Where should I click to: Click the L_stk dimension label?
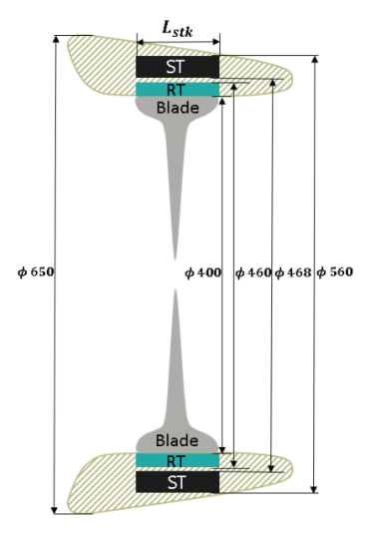point(178,29)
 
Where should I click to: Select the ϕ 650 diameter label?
point(36,272)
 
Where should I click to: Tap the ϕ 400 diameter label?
point(203,272)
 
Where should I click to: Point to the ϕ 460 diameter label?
point(253,272)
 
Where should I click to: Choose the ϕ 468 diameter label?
point(293,272)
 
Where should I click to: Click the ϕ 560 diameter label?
point(335,271)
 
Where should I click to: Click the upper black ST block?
point(178,67)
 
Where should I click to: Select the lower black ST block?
point(178,482)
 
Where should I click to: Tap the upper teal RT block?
point(178,89)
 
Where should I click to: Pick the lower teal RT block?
point(178,460)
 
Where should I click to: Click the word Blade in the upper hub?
point(178,108)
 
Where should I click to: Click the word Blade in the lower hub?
point(177,441)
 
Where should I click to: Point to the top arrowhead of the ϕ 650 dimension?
point(56,39)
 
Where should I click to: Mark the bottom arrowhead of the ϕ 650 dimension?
point(55,510)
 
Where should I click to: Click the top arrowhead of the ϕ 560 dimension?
point(315,59)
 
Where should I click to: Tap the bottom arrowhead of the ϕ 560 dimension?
point(314,489)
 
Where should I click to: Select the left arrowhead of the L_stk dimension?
point(141,43)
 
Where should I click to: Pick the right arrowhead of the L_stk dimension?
point(215,42)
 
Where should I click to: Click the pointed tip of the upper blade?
point(176,259)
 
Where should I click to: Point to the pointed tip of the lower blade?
point(176,290)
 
